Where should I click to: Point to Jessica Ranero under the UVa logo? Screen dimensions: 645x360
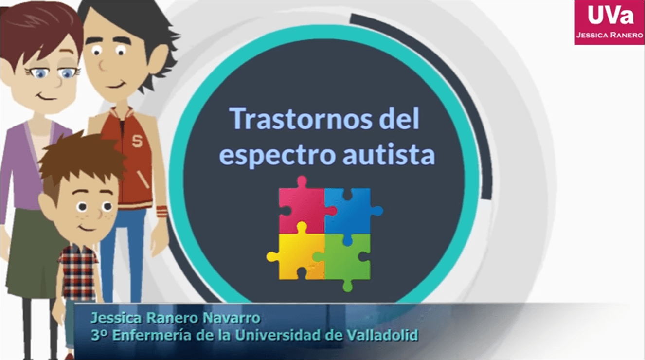[x=609, y=35]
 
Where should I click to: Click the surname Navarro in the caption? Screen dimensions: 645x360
[x=232, y=318]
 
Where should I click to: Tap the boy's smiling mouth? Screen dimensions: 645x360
[x=87, y=228]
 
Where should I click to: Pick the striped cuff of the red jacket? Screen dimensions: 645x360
[x=161, y=212]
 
